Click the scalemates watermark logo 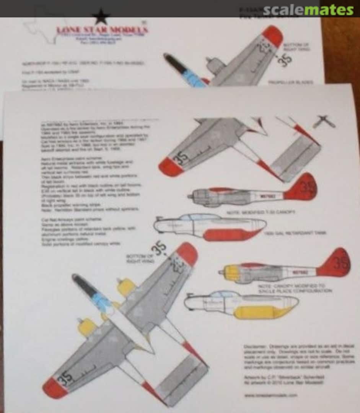pos(308,10)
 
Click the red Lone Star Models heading pos(102,30)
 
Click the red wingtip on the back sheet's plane pos(272,36)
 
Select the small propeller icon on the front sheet pos(324,122)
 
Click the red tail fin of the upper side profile pos(302,187)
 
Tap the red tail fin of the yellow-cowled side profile pos(335,263)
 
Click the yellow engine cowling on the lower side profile pos(231,273)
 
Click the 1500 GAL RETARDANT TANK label pos(295,233)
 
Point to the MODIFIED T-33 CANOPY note pos(266,211)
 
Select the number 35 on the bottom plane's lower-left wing pos(65,377)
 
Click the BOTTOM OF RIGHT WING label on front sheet pos(140,258)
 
